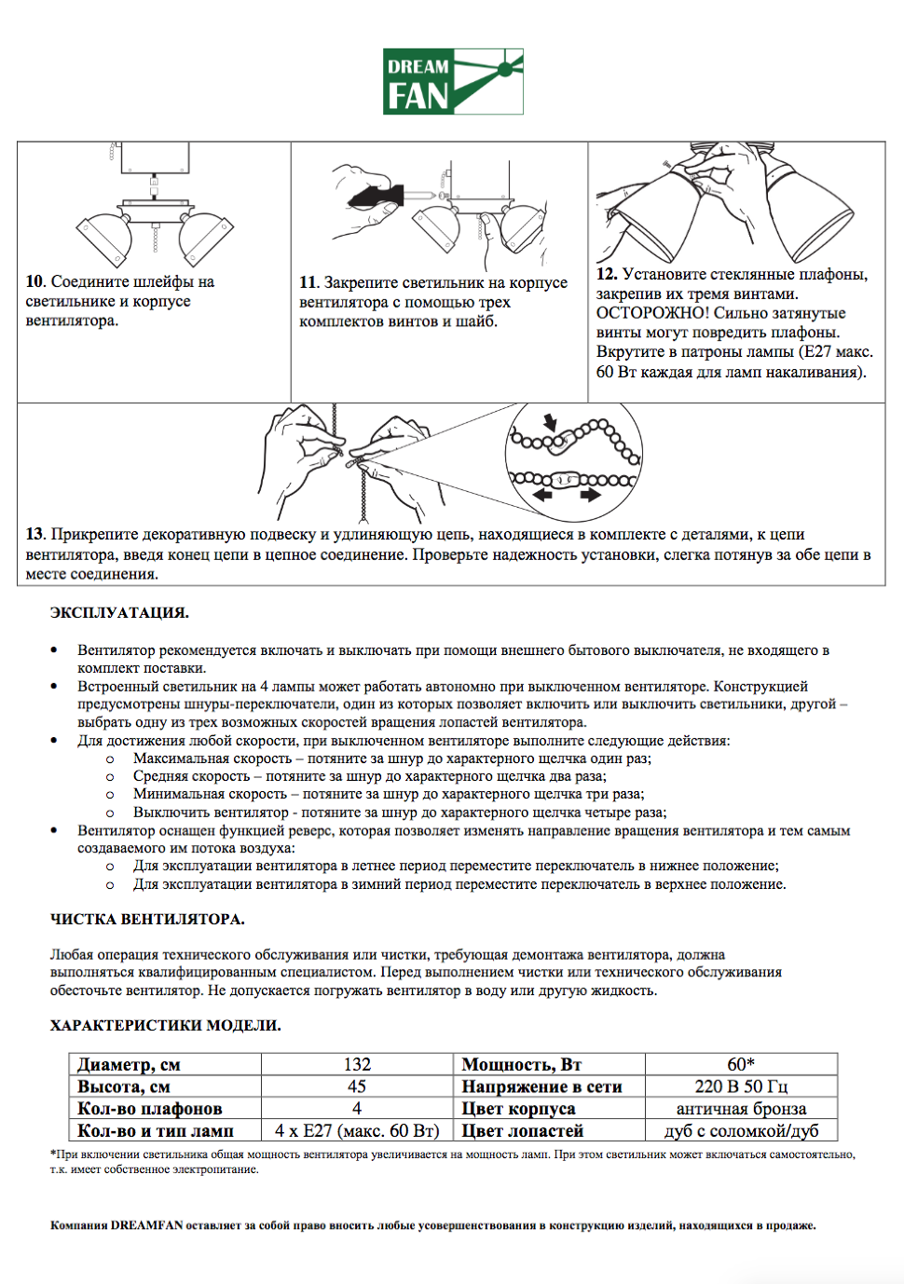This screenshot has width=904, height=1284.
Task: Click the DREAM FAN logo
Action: click(x=453, y=82)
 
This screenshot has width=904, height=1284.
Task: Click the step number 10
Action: click(x=34, y=281)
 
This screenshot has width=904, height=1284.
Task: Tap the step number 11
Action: click(x=308, y=282)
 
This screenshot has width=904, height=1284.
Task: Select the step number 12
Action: click(x=607, y=274)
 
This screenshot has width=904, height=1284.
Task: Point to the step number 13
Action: click(x=34, y=534)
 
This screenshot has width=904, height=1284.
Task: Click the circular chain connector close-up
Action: click(x=573, y=460)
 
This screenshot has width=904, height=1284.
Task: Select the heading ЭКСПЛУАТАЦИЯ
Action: click(x=119, y=613)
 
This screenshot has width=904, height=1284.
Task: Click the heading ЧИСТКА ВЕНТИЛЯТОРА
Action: click(x=147, y=919)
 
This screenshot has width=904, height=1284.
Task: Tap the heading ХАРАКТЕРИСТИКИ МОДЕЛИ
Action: click(x=165, y=1025)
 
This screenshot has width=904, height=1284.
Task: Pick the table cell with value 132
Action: click(x=357, y=1064)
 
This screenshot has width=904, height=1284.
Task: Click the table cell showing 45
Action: click(x=357, y=1086)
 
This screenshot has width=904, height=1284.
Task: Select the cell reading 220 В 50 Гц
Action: click(x=741, y=1086)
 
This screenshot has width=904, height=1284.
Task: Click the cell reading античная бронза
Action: click(x=741, y=1109)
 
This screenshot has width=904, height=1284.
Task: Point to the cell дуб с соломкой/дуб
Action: click(x=741, y=1131)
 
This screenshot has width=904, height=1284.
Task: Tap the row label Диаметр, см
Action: click(x=129, y=1064)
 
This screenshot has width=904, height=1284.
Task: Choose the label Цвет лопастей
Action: click(x=522, y=1131)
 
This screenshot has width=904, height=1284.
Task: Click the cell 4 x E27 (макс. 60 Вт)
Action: click(x=357, y=1131)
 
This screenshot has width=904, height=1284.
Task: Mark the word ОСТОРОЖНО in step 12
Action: click(x=652, y=313)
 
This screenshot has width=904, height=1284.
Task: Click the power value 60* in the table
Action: click(x=741, y=1064)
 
